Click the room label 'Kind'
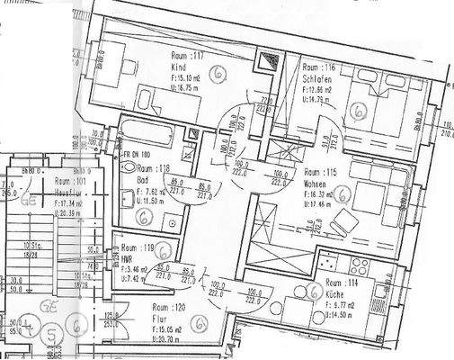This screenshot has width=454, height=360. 178,67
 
